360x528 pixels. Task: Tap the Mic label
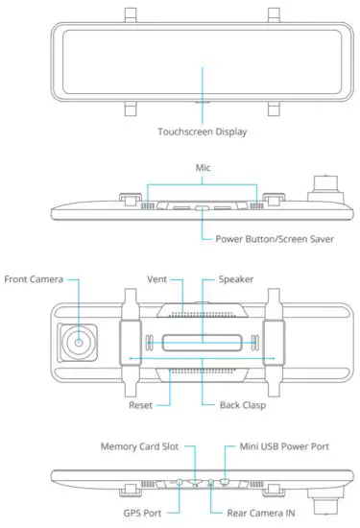tap(203, 167)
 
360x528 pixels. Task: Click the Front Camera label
tap(35, 279)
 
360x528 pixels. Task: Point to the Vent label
tap(158, 279)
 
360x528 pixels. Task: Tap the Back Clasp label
tap(234, 405)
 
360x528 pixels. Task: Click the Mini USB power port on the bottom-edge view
tap(224, 479)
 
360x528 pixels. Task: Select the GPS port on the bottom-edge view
tap(180, 480)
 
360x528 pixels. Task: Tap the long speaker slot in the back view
tap(202, 342)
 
